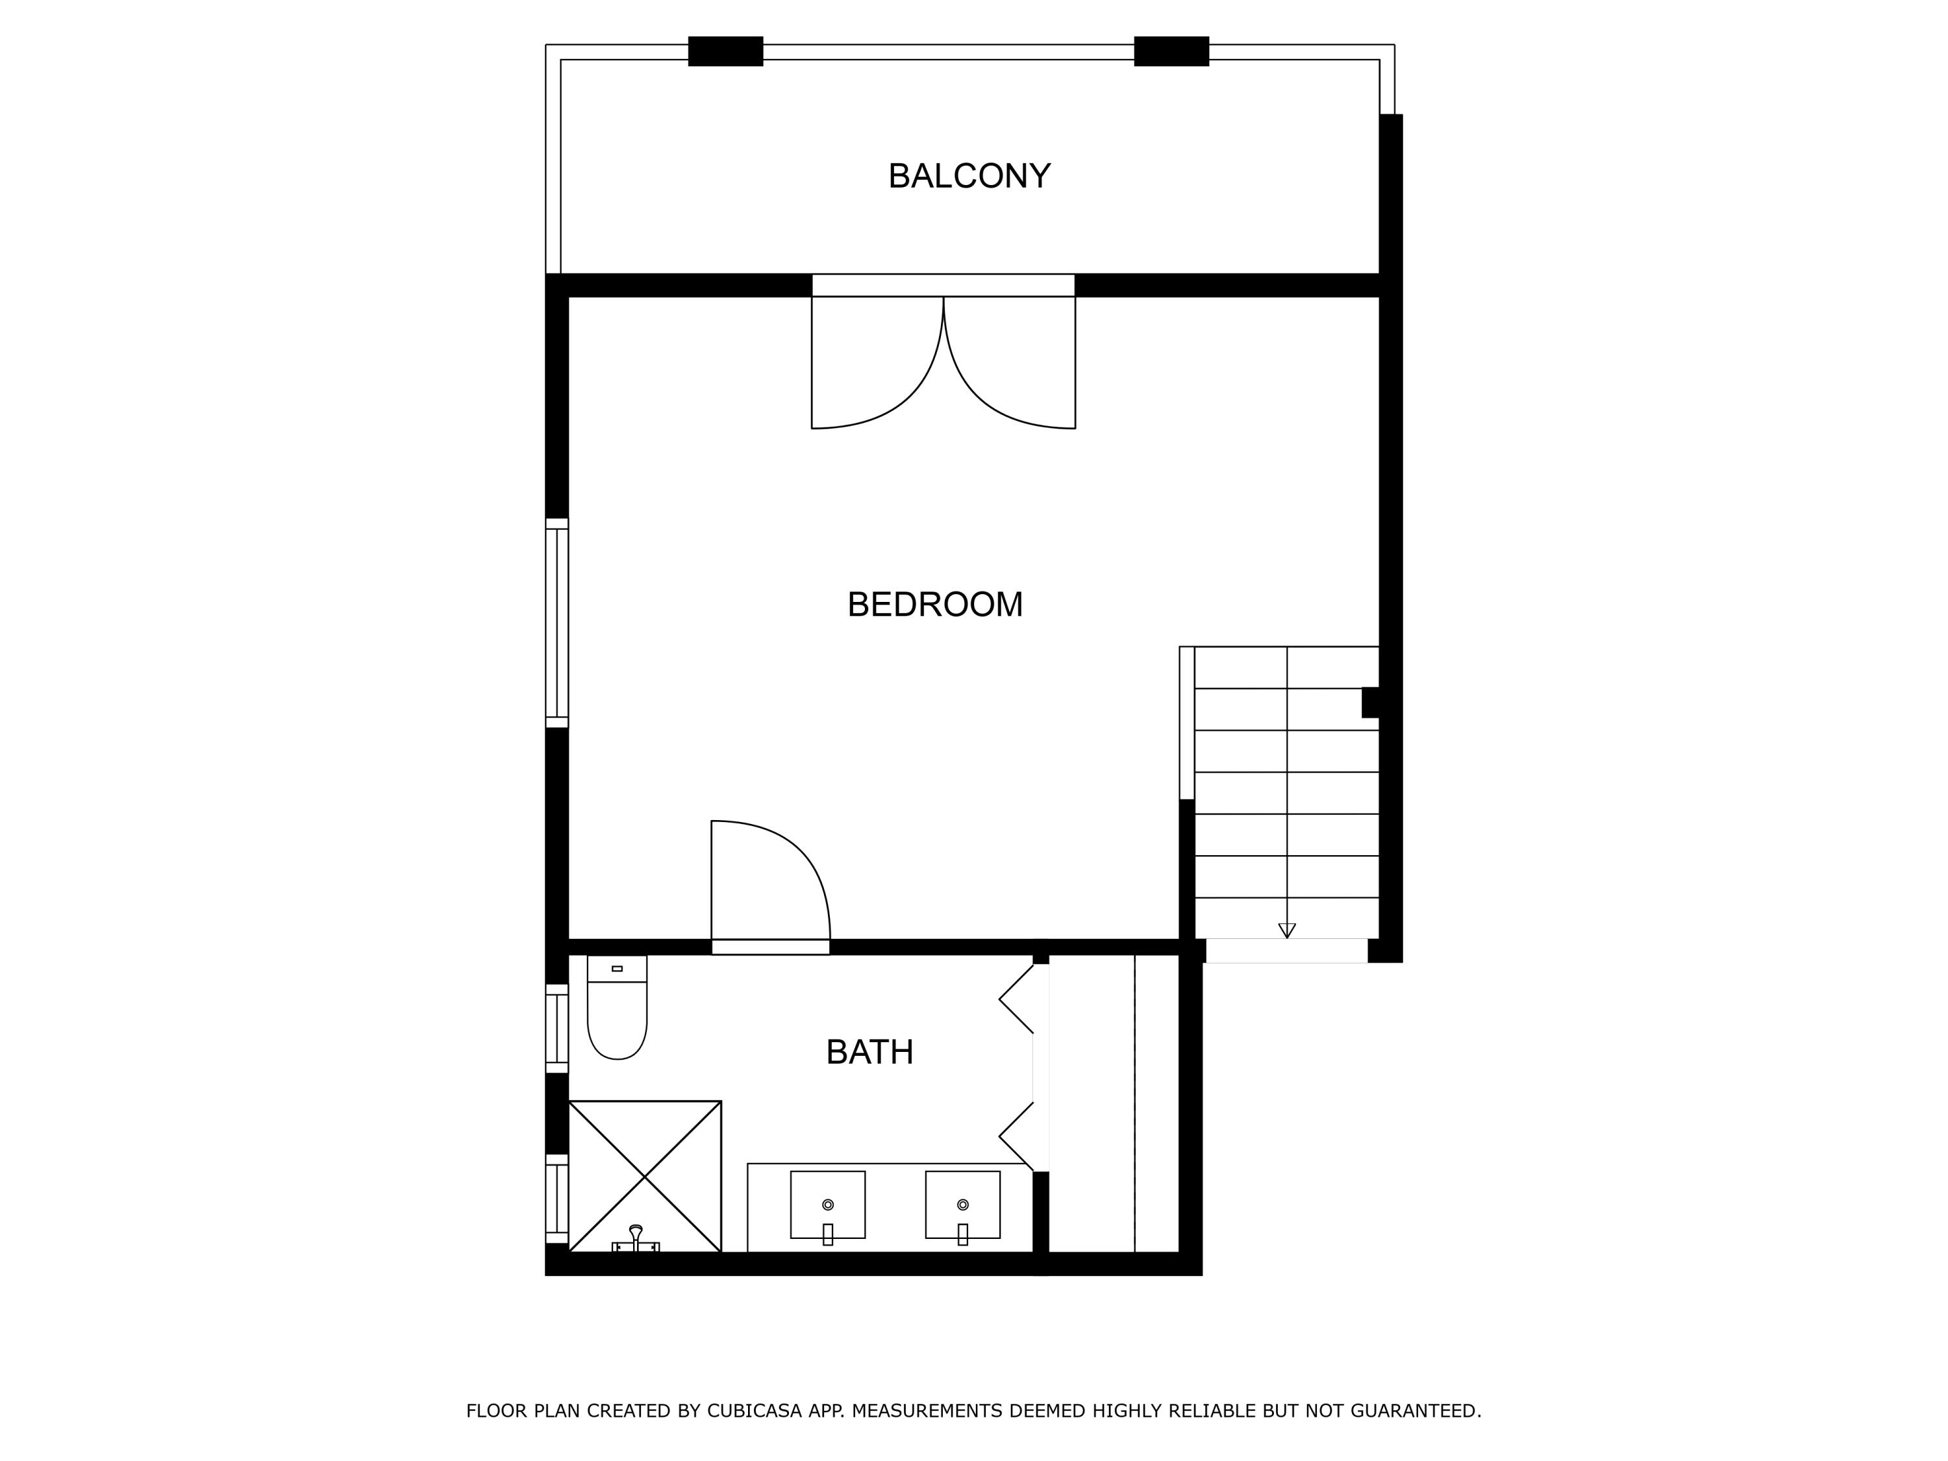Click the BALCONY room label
pyautogui.click(x=969, y=176)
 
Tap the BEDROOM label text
pyautogui.click(x=935, y=605)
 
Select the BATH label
pyautogui.click(x=869, y=1053)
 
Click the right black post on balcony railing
pyautogui.click(x=1171, y=51)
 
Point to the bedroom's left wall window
pyautogui.click(x=556, y=623)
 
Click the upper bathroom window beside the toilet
pyautogui.click(x=556, y=1029)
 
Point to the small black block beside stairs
pyautogui.click(x=1370, y=703)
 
